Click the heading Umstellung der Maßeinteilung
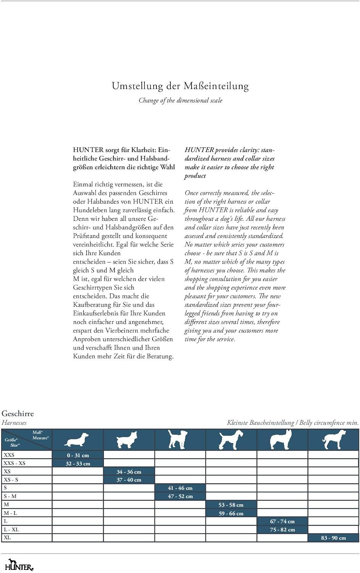(180, 86)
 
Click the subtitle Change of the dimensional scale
(180, 100)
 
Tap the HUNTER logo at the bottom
(19, 565)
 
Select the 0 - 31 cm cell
(78, 455)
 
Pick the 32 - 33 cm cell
(78, 464)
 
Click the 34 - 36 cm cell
(129, 472)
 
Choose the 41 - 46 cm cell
(180, 488)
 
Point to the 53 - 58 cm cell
(231, 505)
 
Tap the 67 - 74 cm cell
(282, 521)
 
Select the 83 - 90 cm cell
(333, 538)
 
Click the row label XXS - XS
(15, 463)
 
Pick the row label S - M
(10, 496)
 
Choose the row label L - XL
(11, 529)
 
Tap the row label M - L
(10, 513)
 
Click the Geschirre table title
(18, 413)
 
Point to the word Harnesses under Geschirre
(14, 422)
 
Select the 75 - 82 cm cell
(282, 530)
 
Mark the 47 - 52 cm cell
(180, 497)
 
